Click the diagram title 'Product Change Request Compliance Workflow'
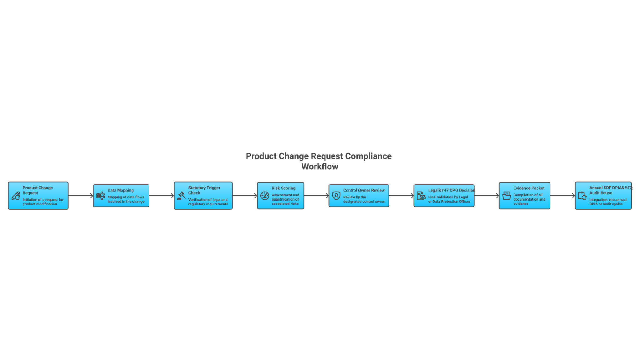tap(319, 161)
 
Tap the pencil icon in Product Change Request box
tap(16, 196)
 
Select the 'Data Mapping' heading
tap(120, 190)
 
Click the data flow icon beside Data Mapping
tap(100, 196)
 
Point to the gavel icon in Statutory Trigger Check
tap(181, 196)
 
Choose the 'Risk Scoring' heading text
tap(284, 188)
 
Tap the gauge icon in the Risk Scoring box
tap(265, 196)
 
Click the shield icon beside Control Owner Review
tap(336, 196)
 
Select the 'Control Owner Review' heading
tap(364, 190)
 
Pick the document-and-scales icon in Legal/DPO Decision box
tap(421, 196)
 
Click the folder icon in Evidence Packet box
tap(506, 196)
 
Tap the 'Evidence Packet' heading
tap(529, 188)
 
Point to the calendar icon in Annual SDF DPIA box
tap(582, 196)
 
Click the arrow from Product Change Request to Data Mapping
tap(81, 196)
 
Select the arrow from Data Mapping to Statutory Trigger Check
tap(161, 196)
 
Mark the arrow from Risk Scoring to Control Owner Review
tap(316, 196)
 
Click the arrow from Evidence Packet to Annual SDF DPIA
tap(563, 196)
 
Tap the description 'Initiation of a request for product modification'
tap(43, 202)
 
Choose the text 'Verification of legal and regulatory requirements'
tap(208, 202)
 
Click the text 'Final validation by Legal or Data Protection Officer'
tap(449, 199)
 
